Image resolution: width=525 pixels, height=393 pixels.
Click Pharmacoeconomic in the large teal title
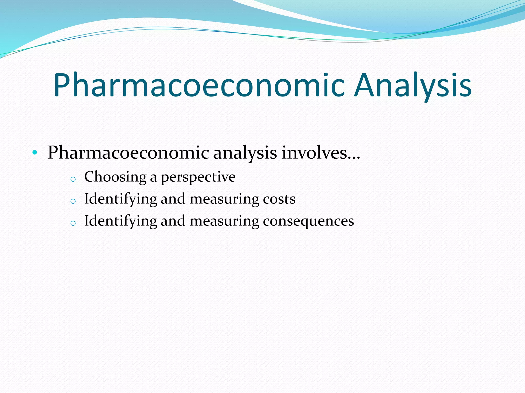click(x=199, y=86)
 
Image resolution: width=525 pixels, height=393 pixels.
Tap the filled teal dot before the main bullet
click(x=35, y=153)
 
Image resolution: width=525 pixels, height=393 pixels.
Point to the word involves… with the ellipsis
click(x=321, y=153)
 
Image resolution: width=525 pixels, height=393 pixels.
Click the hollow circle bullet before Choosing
click(x=73, y=179)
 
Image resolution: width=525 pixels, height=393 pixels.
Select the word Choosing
click(x=115, y=177)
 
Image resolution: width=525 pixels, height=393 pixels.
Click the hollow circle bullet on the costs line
click(x=73, y=201)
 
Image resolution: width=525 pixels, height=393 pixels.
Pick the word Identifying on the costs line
click(x=120, y=199)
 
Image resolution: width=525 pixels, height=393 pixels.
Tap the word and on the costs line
click(x=173, y=199)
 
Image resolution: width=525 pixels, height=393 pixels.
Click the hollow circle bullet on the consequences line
click(x=73, y=223)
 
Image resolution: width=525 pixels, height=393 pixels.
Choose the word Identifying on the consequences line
click(x=120, y=221)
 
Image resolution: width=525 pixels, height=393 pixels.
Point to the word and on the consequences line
click(x=173, y=221)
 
